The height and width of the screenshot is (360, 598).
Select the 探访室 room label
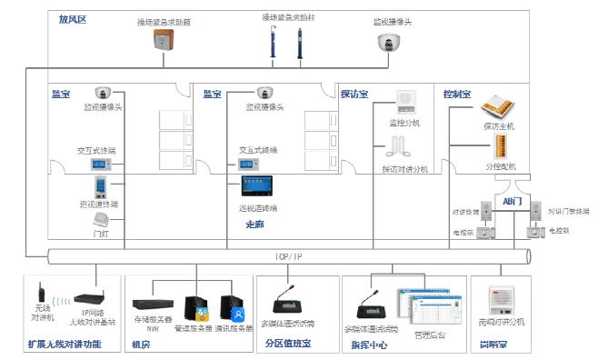tap(354, 94)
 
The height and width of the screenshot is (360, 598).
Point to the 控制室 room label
tap(456, 94)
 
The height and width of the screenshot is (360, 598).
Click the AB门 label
tap(510, 200)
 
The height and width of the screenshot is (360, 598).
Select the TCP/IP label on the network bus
tap(288, 257)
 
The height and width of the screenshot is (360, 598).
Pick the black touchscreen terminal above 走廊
tap(256, 186)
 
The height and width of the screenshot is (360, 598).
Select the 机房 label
tap(141, 345)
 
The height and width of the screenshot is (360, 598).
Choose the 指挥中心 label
tap(368, 345)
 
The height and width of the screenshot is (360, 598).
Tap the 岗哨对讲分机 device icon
tap(501, 301)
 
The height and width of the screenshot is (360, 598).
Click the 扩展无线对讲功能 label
tap(65, 345)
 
